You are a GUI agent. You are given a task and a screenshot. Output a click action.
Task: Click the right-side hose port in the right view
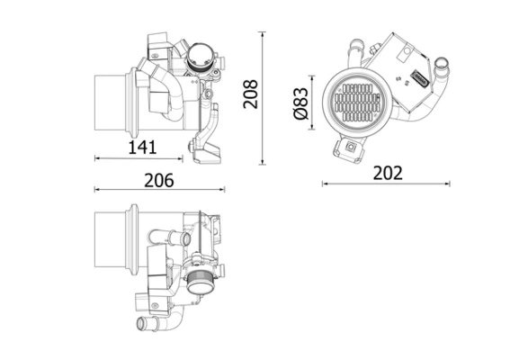click(x=442, y=67)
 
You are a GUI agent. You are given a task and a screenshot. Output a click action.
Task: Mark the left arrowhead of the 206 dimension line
click(x=96, y=190)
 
